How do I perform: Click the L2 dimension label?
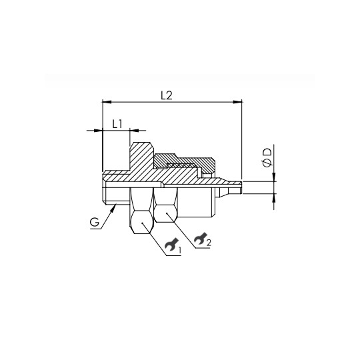pos(167,95)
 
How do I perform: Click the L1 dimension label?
pos(116,123)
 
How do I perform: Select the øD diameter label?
pos(267,158)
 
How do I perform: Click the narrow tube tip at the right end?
pos(233,185)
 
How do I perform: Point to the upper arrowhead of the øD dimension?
pos(273,177)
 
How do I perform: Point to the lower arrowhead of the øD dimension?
pos(273,197)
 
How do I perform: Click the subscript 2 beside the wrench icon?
pos(208,243)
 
